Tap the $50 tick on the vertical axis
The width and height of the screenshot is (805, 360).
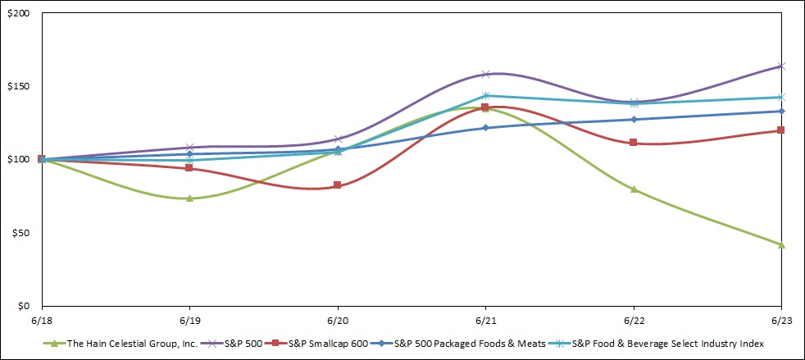click(x=19, y=233)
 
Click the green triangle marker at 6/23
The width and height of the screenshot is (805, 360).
click(x=781, y=244)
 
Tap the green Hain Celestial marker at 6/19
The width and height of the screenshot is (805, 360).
click(x=189, y=198)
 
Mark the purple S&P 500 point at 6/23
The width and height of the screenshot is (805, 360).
click(x=781, y=66)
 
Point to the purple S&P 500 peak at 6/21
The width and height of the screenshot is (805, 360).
click(x=485, y=75)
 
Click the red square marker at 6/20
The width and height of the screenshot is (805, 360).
click(x=338, y=185)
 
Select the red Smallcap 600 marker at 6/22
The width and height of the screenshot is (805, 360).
click(x=633, y=143)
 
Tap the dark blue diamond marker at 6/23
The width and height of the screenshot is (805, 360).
click(x=781, y=112)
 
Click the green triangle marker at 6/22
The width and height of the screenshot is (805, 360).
click(x=633, y=189)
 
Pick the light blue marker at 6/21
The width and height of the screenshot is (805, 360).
click(x=485, y=96)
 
